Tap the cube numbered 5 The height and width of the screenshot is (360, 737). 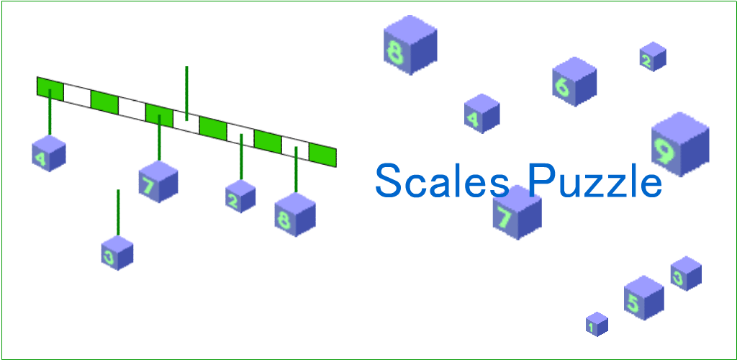pyautogui.click(x=643, y=297)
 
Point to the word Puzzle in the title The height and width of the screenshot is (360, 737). pyautogui.click(x=594, y=181)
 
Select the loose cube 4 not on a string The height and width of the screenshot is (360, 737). pyautogui.click(x=481, y=114)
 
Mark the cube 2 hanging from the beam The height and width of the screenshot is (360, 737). pyautogui.click(x=240, y=197)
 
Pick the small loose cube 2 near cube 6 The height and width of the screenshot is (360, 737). pyautogui.click(x=653, y=57)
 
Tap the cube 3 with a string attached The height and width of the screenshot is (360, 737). pyautogui.click(x=117, y=253)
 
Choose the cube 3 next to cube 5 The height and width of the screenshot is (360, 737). pyautogui.click(x=686, y=274)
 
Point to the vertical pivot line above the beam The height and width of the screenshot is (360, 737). pyautogui.click(x=186, y=90)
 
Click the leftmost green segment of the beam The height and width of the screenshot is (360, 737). pyautogui.click(x=50, y=88)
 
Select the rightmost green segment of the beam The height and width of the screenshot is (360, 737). pyautogui.click(x=322, y=155)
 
